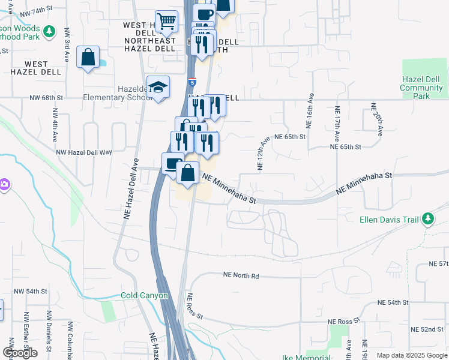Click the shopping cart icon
166,22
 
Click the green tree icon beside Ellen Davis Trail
428,219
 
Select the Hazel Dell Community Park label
421,88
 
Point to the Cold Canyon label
144,296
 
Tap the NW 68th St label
46,97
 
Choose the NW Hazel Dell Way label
84,152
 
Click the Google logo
20,352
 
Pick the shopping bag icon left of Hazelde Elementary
88,58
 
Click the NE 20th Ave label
376,121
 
